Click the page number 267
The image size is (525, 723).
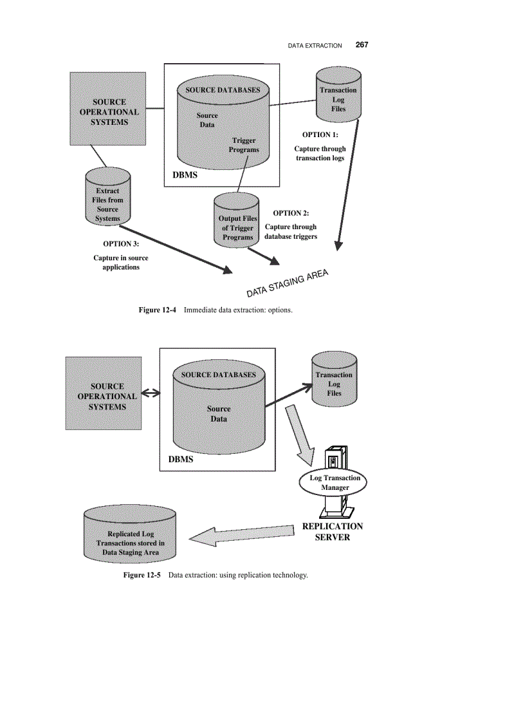pos(362,45)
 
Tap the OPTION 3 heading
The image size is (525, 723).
pos(121,244)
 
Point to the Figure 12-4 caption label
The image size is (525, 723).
pos(158,310)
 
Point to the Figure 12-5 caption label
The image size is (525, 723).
pos(142,574)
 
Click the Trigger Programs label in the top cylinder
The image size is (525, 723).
pos(244,145)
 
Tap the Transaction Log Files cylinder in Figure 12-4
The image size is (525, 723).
pos(338,99)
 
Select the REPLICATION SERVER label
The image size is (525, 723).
pos(333,531)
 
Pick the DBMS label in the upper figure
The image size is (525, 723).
pos(185,175)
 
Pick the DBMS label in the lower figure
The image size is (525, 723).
pos(181,460)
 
